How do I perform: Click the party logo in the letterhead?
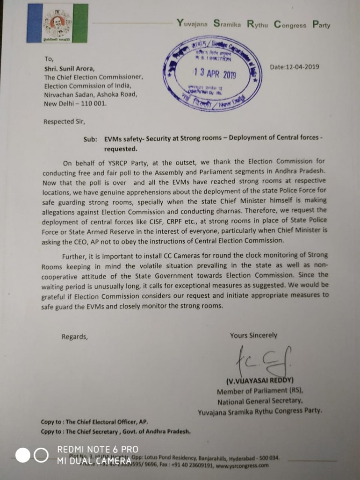point(57,23)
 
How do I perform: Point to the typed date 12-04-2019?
point(295,67)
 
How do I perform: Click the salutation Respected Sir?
point(65,122)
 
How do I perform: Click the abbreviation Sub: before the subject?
point(91,139)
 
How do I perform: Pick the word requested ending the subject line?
point(121,149)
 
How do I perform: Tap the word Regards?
point(74,337)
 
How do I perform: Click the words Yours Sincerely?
point(253,335)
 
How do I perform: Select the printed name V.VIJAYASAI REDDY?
point(260,380)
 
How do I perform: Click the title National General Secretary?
point(260,401)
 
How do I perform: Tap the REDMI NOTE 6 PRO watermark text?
point(98,449)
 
